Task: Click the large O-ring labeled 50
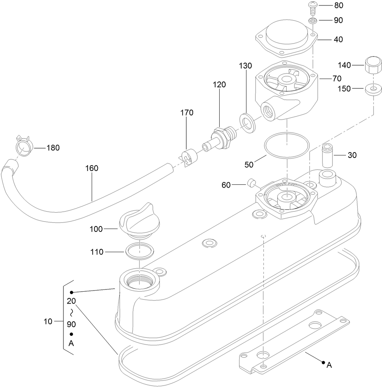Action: [x=286, y=145]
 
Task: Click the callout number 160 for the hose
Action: [x=92, y=168]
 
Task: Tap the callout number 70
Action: [x=337, y=78]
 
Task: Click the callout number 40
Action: [x=338, y=39]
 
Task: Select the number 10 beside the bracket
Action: [x=47, y=321]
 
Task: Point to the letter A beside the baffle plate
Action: [x=329, y=365]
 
